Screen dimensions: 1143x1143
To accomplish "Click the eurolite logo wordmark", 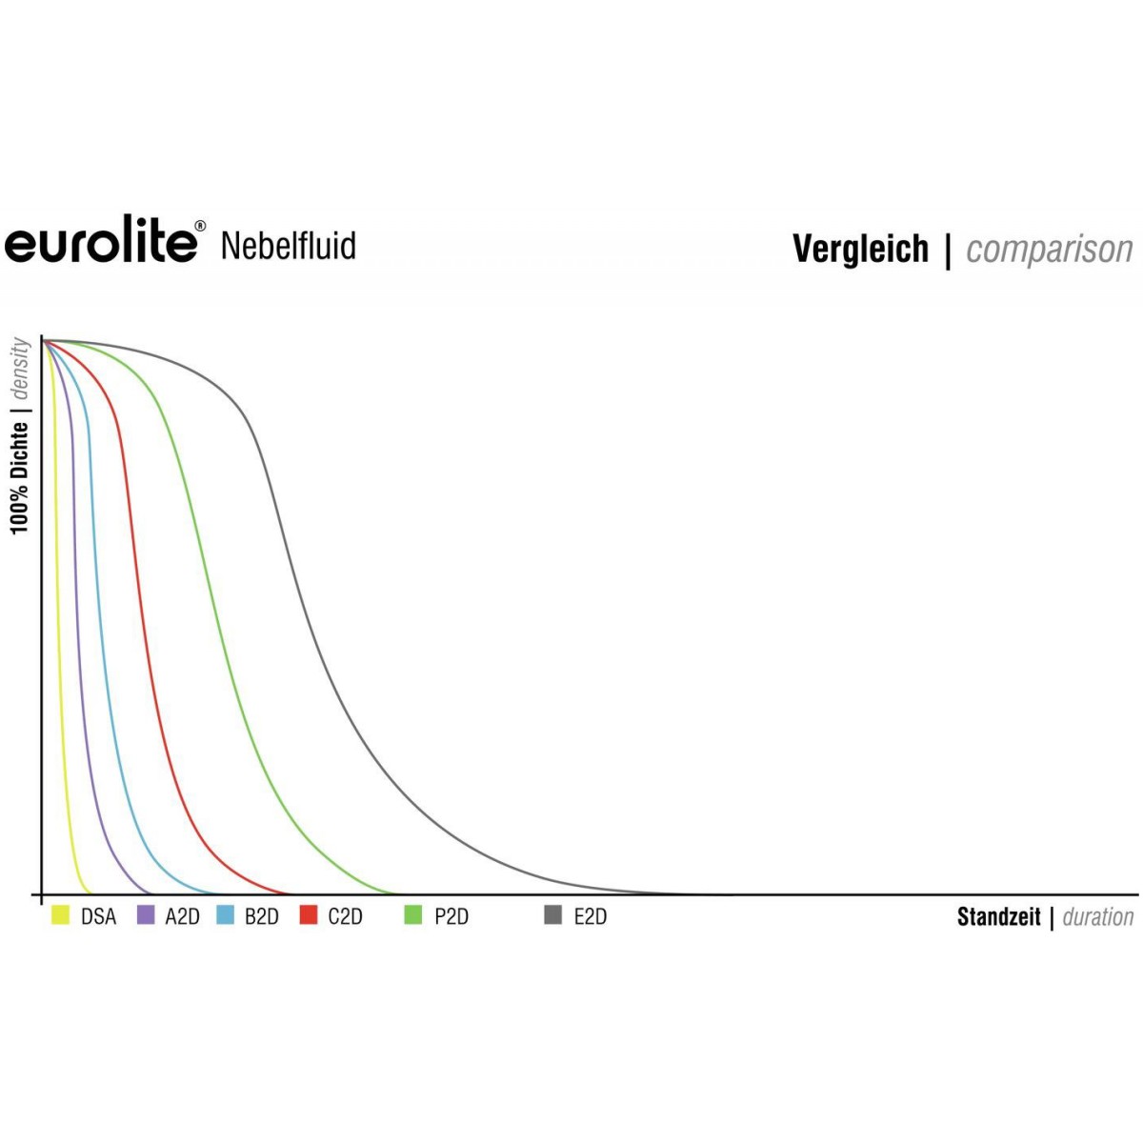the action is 101,240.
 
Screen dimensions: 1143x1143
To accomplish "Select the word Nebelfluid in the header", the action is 289,246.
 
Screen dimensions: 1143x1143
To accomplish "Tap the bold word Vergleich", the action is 860,250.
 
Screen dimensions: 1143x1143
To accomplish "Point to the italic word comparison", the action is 1050,251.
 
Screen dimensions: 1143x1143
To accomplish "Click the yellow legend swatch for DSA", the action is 61,914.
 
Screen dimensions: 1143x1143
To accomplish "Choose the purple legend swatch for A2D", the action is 146,914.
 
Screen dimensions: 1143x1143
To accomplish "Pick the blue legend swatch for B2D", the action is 226,914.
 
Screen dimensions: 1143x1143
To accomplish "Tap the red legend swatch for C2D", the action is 309,914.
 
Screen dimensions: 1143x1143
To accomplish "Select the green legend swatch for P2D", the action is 412,914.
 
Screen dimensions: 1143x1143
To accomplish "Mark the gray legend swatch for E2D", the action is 552,914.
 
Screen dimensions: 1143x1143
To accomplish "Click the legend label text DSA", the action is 98,917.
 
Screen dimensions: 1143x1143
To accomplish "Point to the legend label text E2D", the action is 591,917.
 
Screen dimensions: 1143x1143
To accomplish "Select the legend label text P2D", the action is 451,917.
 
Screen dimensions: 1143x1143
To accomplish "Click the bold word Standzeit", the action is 999,917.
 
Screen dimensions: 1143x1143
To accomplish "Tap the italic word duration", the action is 1098,917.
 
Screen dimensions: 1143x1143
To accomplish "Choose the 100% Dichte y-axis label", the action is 20,477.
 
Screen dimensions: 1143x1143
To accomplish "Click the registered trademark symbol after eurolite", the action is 200,226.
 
